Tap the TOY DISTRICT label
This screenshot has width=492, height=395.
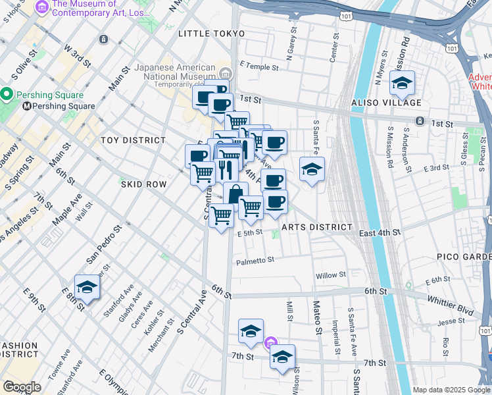coord(133,140)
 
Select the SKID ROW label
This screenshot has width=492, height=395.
coord(143,185)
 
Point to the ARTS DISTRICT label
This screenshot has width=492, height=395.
coord(317,227)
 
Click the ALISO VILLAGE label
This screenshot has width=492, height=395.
coord(387,103)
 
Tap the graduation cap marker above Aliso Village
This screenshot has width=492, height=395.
coord(402,84)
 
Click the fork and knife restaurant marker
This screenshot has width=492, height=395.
coord(226,171)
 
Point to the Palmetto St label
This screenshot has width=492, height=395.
coord(255,261)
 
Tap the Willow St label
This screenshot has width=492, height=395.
coord(330,275)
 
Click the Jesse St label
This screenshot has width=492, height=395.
coord(451,322)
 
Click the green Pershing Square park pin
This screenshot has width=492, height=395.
coord(7,95)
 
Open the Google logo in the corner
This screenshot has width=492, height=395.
coord(22,387)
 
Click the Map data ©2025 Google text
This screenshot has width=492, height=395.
coord(451,390)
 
